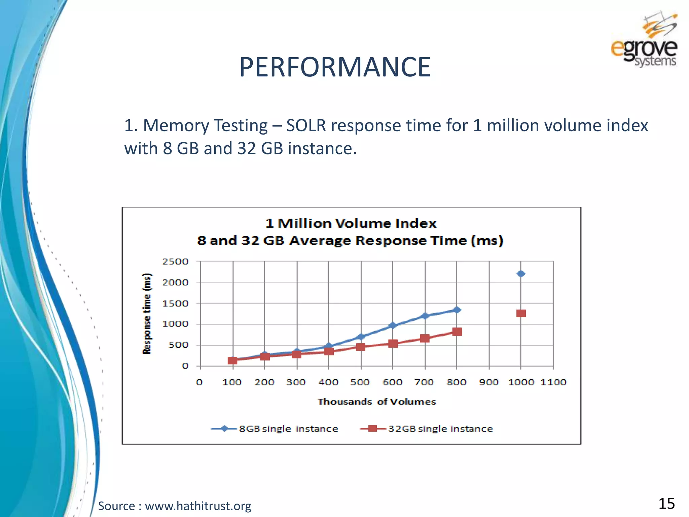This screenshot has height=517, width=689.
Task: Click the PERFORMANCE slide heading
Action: coord(335,67)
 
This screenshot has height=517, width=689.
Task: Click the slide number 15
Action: coord(666,504)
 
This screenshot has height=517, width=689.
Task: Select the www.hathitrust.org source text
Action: coord(198,506)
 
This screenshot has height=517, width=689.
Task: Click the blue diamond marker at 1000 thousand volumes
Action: coord(521,274)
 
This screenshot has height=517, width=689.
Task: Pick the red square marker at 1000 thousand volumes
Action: coord(521,313)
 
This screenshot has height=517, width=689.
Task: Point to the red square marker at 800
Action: coord(457,332)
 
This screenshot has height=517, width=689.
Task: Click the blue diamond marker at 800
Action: coord(457,310)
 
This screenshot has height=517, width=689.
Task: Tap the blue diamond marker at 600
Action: coord(393,325)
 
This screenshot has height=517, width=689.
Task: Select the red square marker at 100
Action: coord(232,360)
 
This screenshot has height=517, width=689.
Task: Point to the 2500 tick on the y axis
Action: coord(175,262)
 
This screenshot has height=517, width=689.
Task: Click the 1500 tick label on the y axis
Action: coord(175,304)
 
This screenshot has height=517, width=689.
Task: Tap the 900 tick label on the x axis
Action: coord(488,382)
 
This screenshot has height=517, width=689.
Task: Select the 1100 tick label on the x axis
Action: coord(553,382)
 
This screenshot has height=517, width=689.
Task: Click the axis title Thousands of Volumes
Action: coord(377,402)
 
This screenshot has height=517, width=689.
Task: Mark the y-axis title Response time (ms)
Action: coord(147,313)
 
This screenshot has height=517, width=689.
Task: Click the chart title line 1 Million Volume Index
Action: coord(351,223)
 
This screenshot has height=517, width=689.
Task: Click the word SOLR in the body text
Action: coord(306,126)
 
